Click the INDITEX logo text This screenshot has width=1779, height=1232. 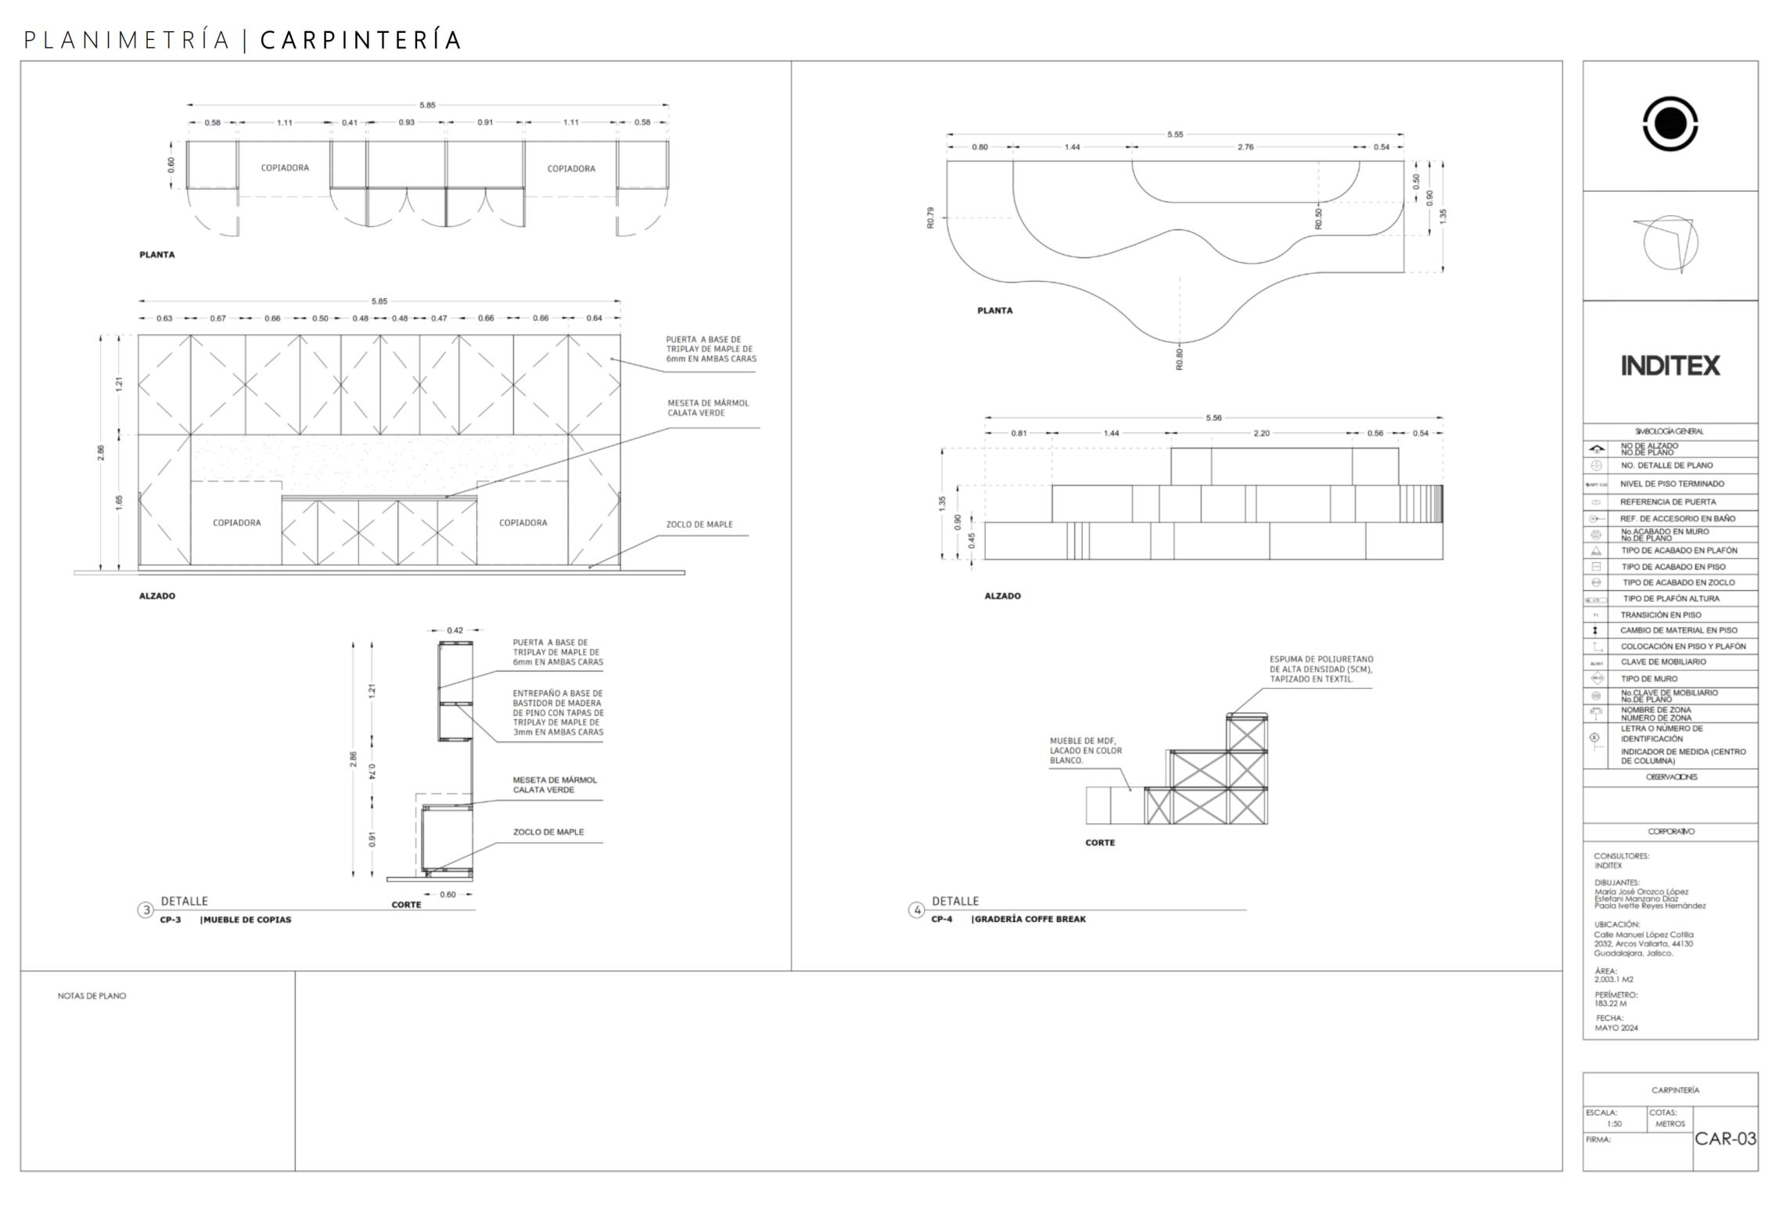coord(1669,366)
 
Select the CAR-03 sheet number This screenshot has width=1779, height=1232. coord(1725,1138)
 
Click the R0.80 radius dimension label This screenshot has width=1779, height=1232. coord(1180,359)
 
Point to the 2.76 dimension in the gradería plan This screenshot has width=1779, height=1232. coord(1245,147)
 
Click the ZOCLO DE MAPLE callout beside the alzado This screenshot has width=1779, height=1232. coord(699,524)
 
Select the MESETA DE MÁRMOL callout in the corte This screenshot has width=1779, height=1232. coord(555,785)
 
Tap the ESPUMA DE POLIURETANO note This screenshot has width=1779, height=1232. coord(1321,669)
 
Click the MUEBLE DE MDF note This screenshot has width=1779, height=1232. coord(1085,750)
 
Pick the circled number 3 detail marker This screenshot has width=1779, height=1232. coord(146,910)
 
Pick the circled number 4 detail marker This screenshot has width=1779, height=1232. coord(917,910)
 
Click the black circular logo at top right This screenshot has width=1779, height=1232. coord(1669,124)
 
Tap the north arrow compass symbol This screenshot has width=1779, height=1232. coord(1669,243)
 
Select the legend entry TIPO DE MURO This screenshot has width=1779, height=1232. coord(1649,679)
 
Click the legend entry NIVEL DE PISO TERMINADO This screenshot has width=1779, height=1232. coord(1672,484)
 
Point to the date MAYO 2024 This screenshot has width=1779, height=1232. coord(1616,1028)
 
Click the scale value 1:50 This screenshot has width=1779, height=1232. coord(1614,1124)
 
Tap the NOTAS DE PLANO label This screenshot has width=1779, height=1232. coord(92,996)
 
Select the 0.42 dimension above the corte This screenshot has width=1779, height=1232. coord(455,630)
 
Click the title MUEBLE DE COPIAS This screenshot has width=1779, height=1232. coord(247,920)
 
